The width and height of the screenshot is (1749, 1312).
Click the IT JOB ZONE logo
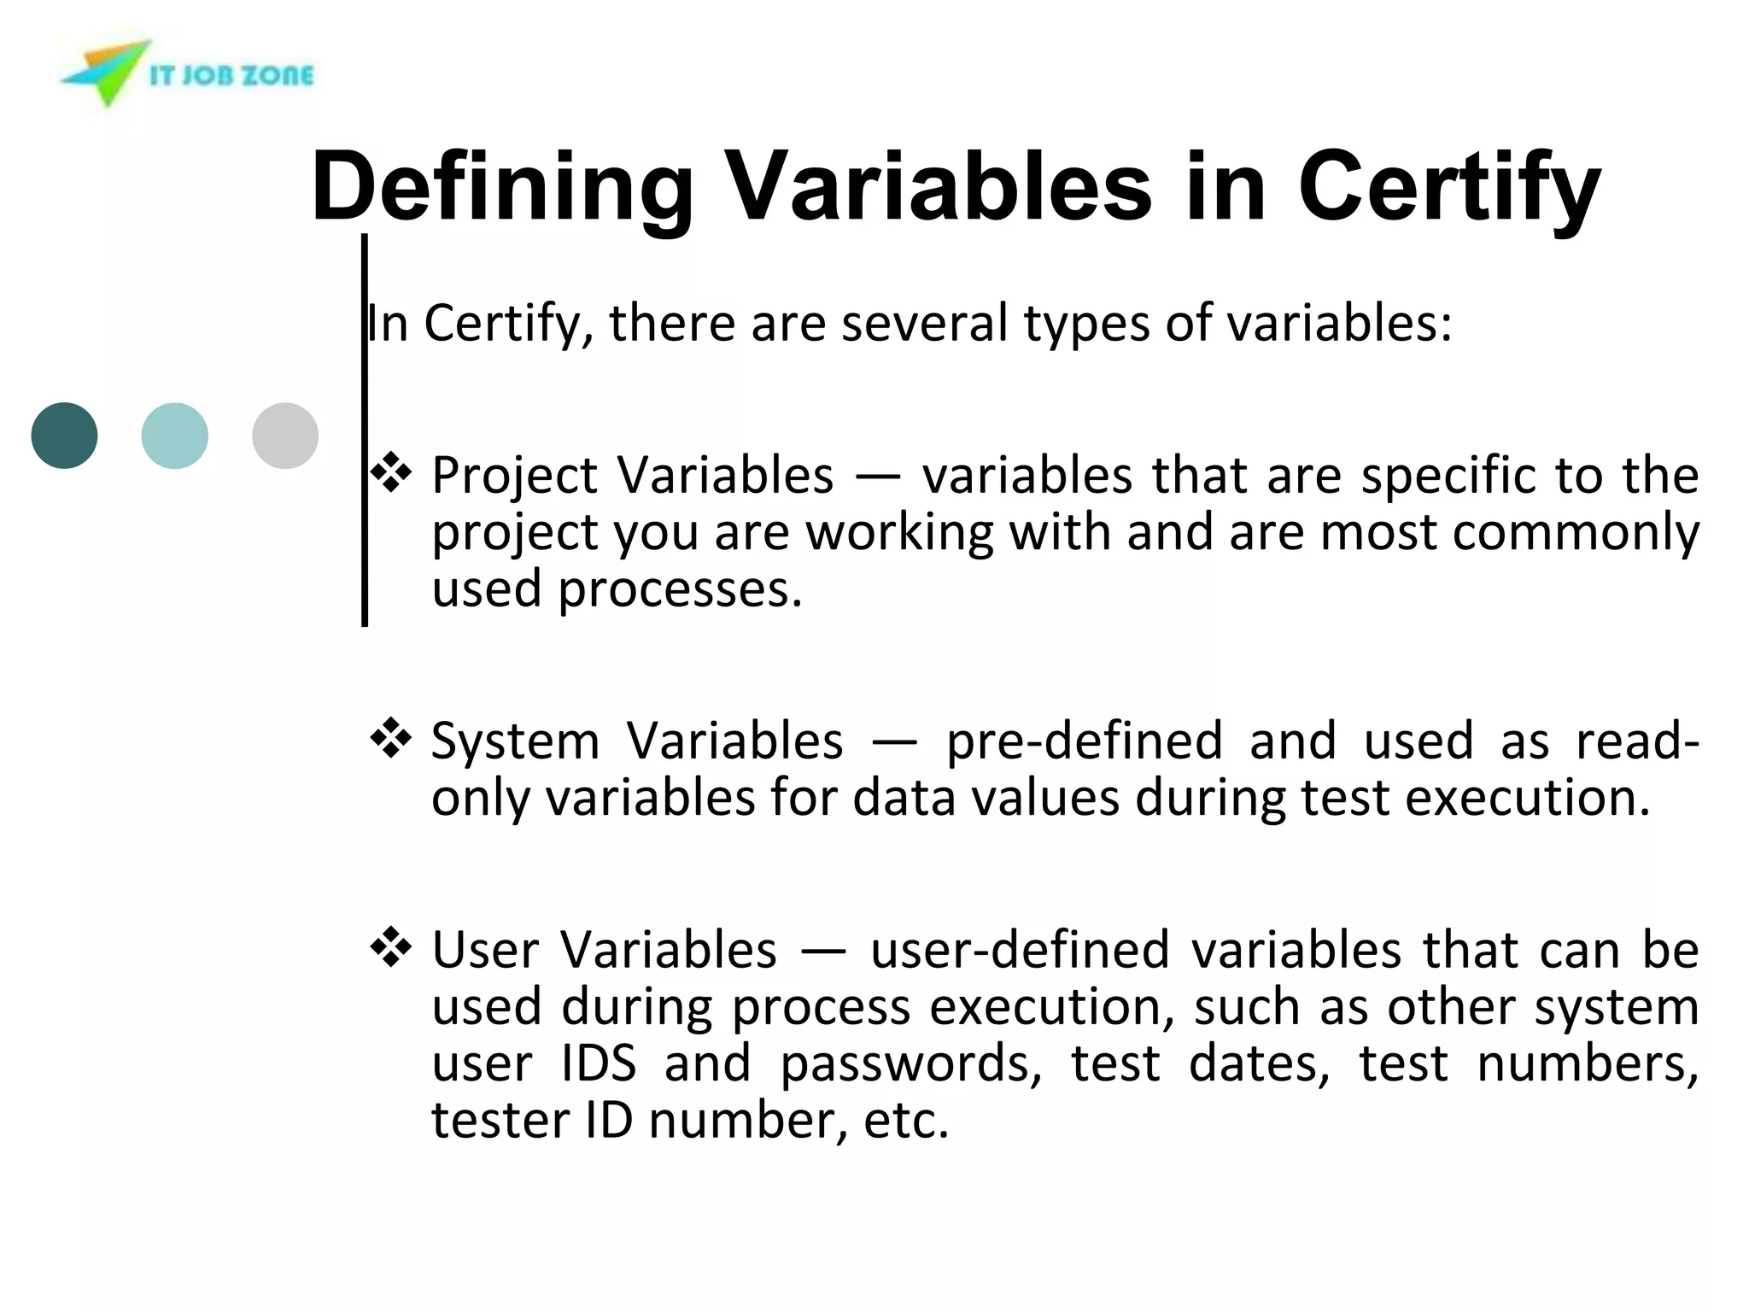coord(188,74)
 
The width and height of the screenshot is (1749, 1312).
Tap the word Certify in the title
coord(1448,186)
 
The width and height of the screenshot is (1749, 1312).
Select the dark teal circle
coord(64,436)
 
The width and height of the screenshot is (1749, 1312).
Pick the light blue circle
coord(174,436)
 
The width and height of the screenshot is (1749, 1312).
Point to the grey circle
coord(285,436)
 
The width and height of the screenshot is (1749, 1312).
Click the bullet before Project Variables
coord(391,472)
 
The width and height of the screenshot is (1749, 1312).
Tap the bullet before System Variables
coord(391,738)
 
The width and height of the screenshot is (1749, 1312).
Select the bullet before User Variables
coord(391,947)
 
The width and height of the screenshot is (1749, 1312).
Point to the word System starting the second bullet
coord(515,741)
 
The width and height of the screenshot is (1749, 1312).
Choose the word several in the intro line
coord(925,324)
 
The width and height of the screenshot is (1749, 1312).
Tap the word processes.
coord(680,590)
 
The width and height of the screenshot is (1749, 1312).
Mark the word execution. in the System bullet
coord(1528,799)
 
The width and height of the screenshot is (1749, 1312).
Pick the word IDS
coord(599,1063)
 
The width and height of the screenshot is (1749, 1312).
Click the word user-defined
coord(1020,950)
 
